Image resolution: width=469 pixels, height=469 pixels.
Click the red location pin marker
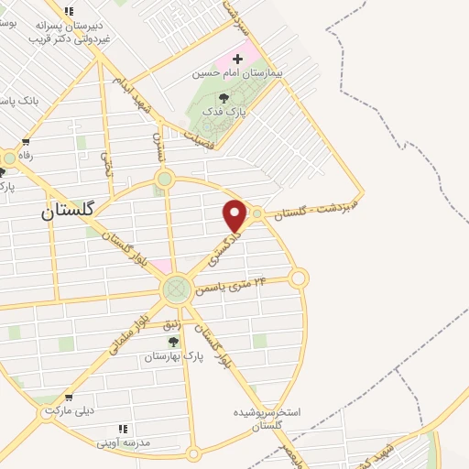pos(235,215)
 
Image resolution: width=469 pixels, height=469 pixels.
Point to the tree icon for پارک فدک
pos(224,98)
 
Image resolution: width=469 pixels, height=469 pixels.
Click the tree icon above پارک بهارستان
pos(173,342)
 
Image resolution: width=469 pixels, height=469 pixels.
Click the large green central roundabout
pos(176,290)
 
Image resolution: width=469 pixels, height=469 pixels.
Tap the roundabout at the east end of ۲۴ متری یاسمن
pos(298,277)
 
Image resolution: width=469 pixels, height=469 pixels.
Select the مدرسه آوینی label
pos(123,442)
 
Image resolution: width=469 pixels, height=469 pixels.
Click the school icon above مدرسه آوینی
pos(123,428)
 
